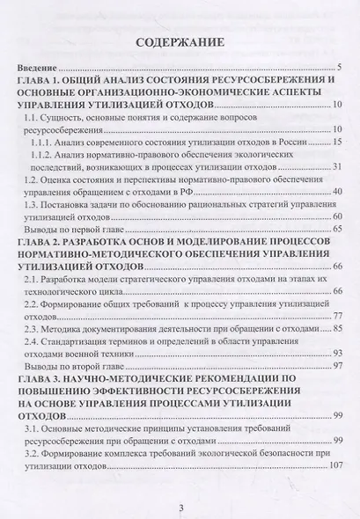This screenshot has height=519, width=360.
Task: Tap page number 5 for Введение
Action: point(338,68)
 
